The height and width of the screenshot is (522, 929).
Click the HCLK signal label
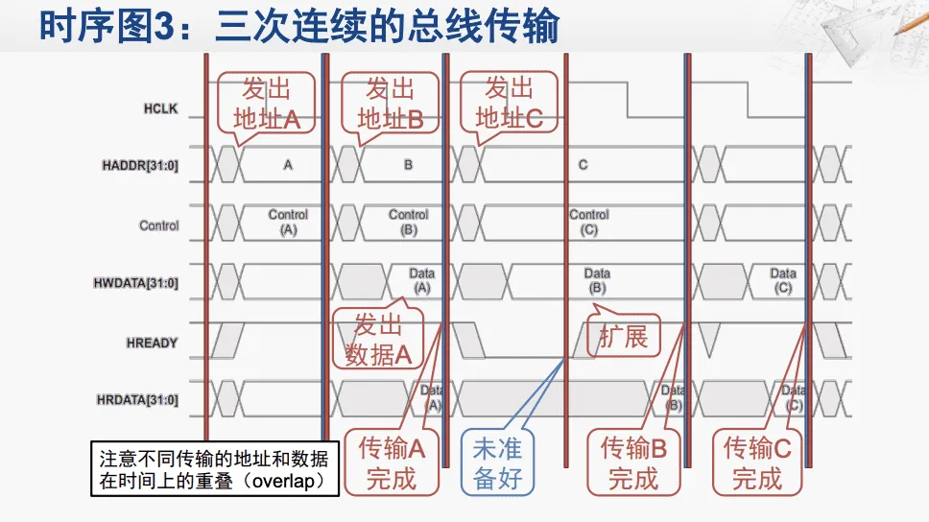pos(160,109)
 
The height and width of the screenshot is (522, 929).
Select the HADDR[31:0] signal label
pos(140,165)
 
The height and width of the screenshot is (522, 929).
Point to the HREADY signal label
pos(152,343)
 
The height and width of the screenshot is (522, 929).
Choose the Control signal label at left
pos(159,225)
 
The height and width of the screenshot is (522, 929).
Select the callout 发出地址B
pos(390,105)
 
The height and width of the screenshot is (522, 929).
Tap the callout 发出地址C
pos(509,105)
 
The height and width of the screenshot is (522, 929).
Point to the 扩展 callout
pos(624,337)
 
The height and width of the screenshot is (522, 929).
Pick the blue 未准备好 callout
pos(498,463)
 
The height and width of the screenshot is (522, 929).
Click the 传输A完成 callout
pos(391,463)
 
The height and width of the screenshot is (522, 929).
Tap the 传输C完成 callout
pos(757,463)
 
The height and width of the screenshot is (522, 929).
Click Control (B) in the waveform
pos(408,223)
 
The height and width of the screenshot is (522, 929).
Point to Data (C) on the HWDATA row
pos(783,281)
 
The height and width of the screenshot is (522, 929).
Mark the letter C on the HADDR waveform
pos(583,165)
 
